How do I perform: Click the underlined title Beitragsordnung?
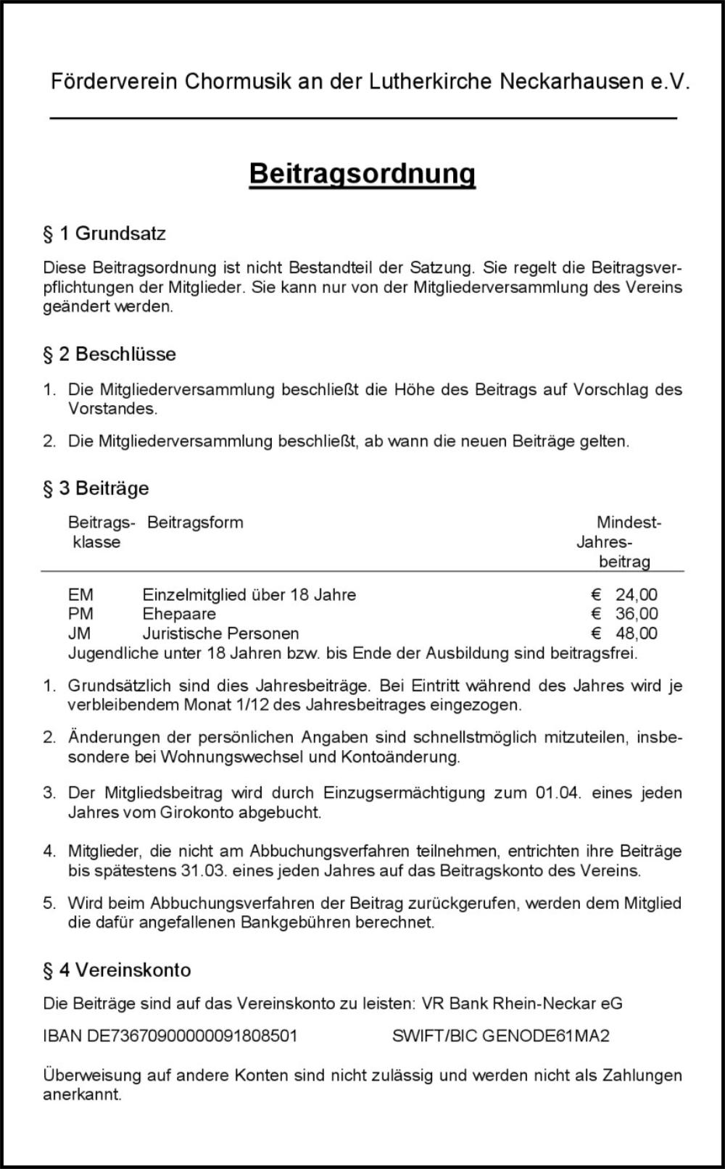[x=362, y=174]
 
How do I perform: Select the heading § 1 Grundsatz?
[x=104, y=233]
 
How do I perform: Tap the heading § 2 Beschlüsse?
[x=109, y=354]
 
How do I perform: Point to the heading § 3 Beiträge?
[x=96, y=488]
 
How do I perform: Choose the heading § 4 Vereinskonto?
[x=117, y=970]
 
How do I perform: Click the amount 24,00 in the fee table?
[x=636, y=595]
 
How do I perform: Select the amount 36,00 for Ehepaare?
[x=636, y=615]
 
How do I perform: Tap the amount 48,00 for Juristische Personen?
[x=636, y=633]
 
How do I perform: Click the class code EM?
[x=80, y=595]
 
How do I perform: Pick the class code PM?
[x=80, y=615]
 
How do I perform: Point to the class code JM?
[x=80, y=633]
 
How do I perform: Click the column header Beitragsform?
[x=195, y=523]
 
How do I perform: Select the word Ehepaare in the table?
[x=179, y=615]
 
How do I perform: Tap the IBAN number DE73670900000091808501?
[x=192, y=1036]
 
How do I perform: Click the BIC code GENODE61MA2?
[x=545, y=1036]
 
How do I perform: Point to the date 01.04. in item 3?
[x=558, y=793]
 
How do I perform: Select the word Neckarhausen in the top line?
[x=571, y=81]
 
